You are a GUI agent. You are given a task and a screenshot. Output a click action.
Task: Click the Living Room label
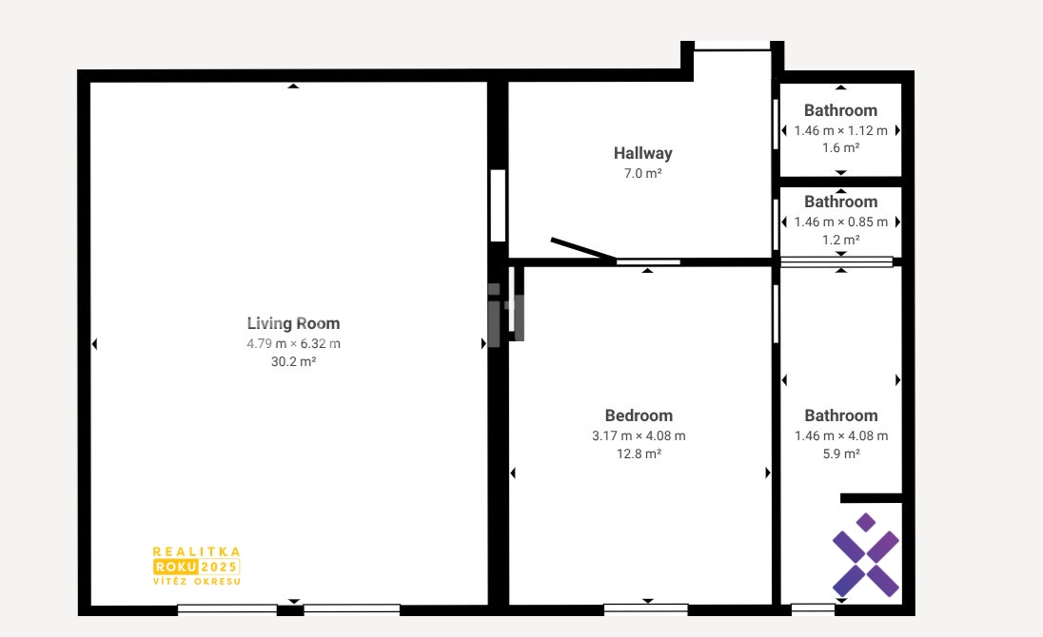pyautogui.click(x=293, y=323)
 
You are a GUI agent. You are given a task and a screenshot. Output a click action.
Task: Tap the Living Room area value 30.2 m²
pyautogui.click(x=293, y=361)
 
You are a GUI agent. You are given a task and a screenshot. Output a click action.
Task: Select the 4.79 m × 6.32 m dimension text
pyautogui.click(x=293, y=343)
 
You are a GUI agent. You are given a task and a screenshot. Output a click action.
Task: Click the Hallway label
pyautogui.click(x=642, y=153)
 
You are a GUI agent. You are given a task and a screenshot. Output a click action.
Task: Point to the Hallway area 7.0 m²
pyautogui.click(x=642, y=173)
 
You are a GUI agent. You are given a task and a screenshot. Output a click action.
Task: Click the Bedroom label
pyautogui.click(x=639, y=415)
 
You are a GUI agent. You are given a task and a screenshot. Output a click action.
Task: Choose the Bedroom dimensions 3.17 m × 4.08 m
pyautogui.click(x=639, y=435)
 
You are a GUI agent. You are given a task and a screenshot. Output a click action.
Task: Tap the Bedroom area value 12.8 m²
pyautogui.click(x=639, y=454)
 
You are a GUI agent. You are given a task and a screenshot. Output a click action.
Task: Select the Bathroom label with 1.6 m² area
pyautogui.click(x=841, y=110)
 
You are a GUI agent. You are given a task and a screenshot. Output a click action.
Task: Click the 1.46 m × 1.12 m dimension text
pyautogui.click(x=841, y=130)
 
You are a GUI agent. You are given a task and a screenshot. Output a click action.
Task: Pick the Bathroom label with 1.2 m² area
pyautogui.click(x=841, y=202)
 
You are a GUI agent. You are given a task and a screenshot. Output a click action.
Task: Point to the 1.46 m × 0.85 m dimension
pyautogui.click(x=841, y=222)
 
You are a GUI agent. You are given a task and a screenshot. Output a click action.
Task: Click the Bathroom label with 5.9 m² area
pyautogui.click(x=841, y=415)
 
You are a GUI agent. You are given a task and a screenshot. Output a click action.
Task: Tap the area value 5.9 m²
pyautogui.click(x=841, y=454)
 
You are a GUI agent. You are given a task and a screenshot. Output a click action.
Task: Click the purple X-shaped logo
pyautogui.click(x=866, y=554)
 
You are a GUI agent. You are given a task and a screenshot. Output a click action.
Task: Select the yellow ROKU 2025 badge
pyautogui.click(x=196, y=567)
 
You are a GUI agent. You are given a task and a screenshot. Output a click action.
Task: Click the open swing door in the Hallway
pyautogui.click(x=582, y=248)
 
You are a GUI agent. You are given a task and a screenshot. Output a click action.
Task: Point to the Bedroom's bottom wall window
pyautogui.click(x=646, y=608)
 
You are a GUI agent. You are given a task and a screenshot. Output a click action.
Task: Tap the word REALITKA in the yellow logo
pyautogui.click(x=196, y=551)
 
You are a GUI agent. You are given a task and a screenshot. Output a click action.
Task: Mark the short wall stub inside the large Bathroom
pyautogui.click(x=872, y=498)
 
